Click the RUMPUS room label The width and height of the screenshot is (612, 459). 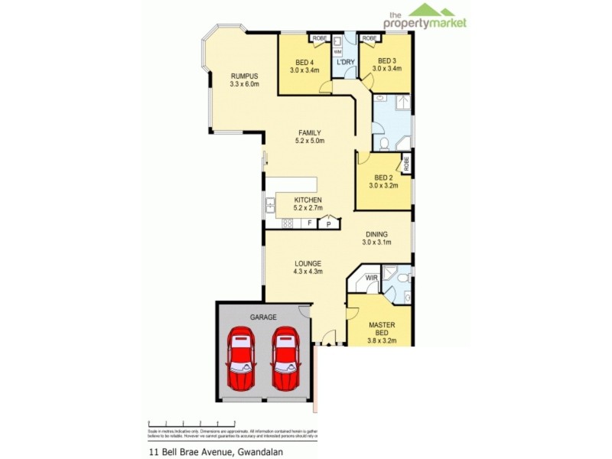tap(245, 76)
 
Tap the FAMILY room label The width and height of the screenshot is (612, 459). tap(309, 132)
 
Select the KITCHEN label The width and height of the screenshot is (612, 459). tap(308, 200)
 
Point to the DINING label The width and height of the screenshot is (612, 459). tap(376, 235)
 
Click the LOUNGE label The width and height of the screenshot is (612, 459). tap(308, 263)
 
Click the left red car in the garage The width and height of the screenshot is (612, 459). tap(242, 358)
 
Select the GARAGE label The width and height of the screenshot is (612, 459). tap(263, 317)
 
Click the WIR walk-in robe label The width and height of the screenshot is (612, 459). tap(372, 278)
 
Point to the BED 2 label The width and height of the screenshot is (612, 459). tap(382, 177)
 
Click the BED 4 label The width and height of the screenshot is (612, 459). tap(304, 62)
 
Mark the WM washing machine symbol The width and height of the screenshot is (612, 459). tap(337, 52)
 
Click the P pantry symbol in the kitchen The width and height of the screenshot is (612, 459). tap(328, 223)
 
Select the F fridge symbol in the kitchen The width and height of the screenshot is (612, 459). tap(308, 223)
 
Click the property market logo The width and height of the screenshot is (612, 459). tap(427, 16)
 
